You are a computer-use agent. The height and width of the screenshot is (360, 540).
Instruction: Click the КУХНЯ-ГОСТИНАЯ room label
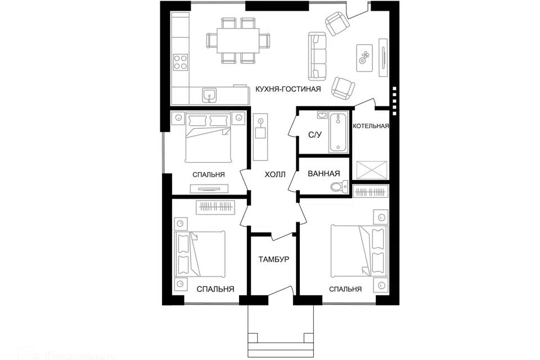(288, 89)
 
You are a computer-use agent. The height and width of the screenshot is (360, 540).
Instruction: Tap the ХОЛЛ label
(276, 175)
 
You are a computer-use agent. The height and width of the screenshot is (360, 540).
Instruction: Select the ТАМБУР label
(273, 259)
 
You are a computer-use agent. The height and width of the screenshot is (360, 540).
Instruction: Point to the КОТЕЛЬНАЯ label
(371, 126)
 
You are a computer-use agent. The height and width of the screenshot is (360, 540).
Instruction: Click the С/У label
(315, 135)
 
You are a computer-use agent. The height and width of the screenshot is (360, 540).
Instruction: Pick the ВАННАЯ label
(323, 174)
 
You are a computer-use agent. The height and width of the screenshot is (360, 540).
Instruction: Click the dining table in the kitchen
(238, 40)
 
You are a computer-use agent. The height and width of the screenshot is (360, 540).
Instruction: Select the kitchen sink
(210, 94)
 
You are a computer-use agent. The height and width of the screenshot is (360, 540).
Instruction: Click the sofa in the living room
(317, 56)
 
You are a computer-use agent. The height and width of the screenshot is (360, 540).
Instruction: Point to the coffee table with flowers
(364, 57)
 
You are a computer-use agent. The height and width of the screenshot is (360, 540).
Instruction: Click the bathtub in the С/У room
(338, 132)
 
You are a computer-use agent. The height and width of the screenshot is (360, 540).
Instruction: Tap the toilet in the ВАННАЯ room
(338, 187)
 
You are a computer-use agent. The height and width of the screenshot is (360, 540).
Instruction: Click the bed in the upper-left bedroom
(208, 139)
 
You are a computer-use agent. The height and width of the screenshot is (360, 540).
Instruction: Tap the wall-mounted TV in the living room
(383, 57)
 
